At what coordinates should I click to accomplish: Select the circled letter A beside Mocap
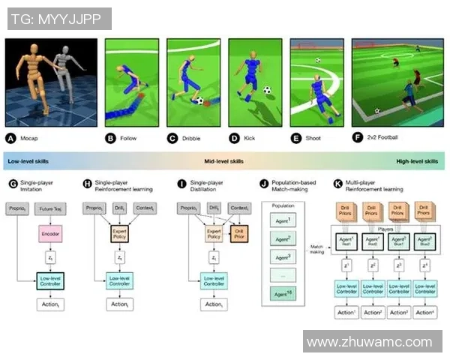(x=11, y=138)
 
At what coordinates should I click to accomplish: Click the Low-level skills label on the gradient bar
(x=28, y=161)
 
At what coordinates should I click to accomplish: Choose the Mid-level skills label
(x=223, y=161)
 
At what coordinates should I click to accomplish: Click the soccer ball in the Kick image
(x=267, y=90)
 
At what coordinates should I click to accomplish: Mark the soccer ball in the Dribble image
(x=199, y=100)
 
